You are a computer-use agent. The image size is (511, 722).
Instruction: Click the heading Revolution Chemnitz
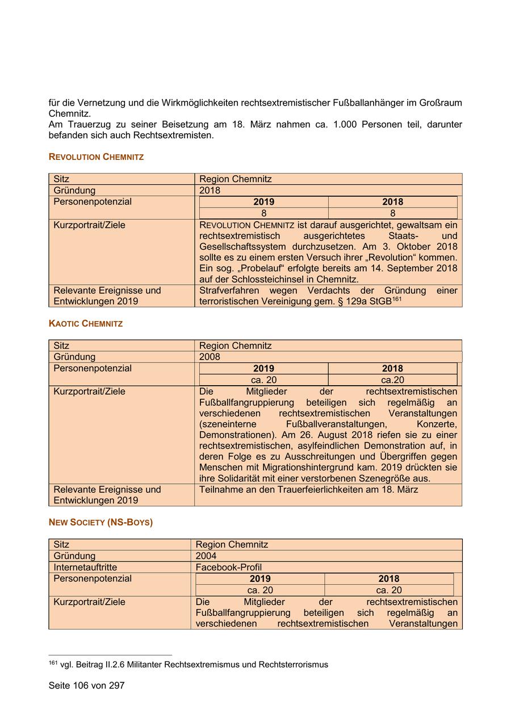(x=96, y=157)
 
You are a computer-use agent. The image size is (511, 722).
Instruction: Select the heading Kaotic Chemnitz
(x=86, y=323)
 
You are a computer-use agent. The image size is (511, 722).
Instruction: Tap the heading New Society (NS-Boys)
(x=100, y=522)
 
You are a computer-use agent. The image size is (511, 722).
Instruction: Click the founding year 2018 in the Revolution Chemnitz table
(x=210, y=191)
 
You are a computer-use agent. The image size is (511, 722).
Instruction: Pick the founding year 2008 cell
(x=210, y=357)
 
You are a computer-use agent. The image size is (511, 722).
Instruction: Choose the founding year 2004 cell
(x=206, y=556)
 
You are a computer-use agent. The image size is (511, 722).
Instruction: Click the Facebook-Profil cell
(x=228, y=567)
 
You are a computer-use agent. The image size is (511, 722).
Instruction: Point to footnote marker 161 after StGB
(x=396, y=298)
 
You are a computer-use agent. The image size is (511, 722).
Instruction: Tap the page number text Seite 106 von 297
(x=86, y=685)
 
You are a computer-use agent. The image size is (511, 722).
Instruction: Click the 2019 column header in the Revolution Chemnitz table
(x=263, y=202)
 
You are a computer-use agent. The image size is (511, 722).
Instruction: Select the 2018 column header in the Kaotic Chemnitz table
(x=392, y=369)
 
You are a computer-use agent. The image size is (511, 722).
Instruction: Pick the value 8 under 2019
(x=263, y=213)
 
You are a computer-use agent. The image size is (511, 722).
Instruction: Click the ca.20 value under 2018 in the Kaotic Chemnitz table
(x=392, y=380)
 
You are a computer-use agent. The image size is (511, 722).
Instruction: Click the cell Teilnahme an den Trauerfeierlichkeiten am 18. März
(x=308, y=489)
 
